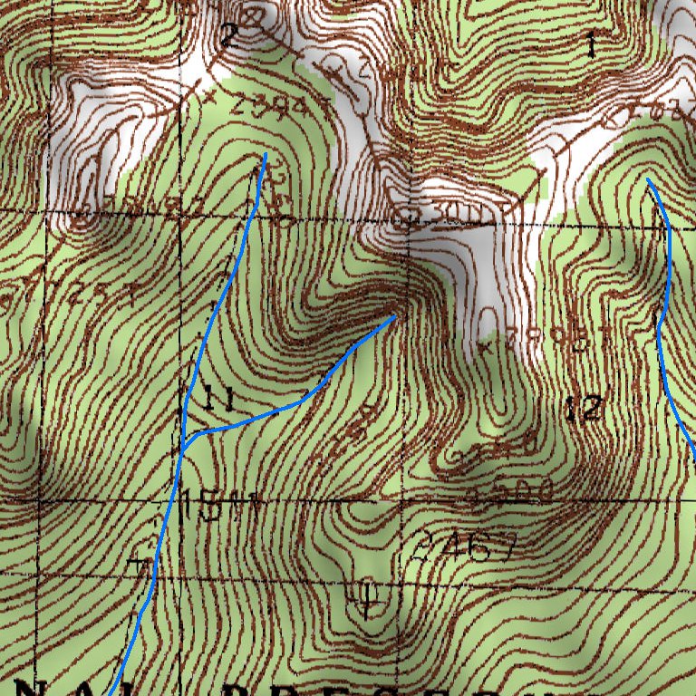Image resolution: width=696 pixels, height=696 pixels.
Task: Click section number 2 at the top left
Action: coord(227,36)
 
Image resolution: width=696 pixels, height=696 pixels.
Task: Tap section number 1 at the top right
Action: coord(591,42)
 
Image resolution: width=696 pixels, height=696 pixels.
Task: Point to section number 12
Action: coord(584,410)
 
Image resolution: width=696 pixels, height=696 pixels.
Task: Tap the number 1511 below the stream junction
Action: coord(220,505)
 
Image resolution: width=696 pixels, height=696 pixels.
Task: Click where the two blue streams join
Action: coord(183,447)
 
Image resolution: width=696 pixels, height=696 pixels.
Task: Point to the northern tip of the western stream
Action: coord(266,155)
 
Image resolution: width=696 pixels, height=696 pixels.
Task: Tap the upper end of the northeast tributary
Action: coord(395,316)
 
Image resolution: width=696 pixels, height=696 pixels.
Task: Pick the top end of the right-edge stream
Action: coord(648,179)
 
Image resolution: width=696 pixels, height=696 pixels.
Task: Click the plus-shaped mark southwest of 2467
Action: coord(367,597)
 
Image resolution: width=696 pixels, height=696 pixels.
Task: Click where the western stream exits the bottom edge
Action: coord(111,694)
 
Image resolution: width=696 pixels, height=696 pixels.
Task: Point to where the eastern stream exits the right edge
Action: coord(694,460)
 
